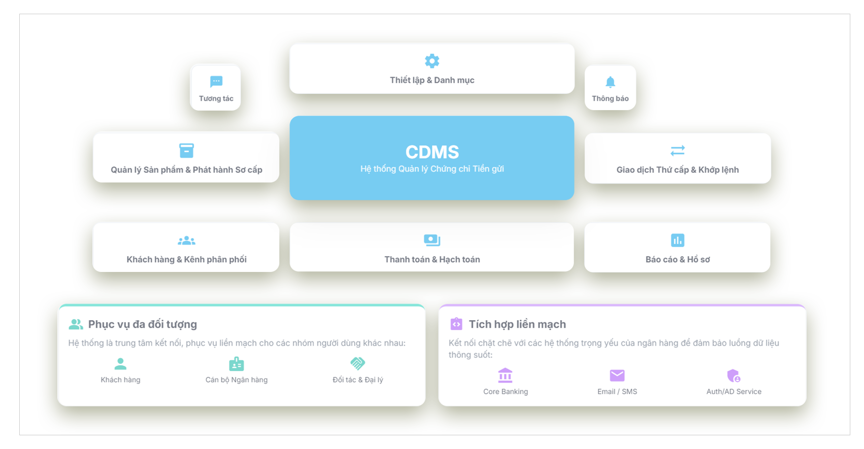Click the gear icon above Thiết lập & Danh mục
pos(432,61)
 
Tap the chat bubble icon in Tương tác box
pos(216,81)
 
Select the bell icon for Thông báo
pos(610,82)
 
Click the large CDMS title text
pos(432,152)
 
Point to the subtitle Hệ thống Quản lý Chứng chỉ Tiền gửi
pos(432,169)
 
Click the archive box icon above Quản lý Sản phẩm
pos(187,151)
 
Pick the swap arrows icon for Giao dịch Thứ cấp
pos(677,150)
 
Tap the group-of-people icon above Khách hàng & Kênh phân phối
pos(187,240)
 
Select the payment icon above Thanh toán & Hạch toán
pos(432,240)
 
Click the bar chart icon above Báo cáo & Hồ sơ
pos(677,240)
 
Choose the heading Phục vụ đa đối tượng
pos(142,324)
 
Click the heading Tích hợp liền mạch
pos(517,324)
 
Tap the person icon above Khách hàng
pos(120,364)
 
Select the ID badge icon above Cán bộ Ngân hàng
pos(236,364)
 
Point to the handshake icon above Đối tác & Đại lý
pos(357,363)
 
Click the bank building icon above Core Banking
pos(506,375)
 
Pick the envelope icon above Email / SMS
pos(617,375)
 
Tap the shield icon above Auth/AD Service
pos(734,375)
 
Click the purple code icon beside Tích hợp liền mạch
pos(456,324)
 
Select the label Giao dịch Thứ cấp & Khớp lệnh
pos(677,170)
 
